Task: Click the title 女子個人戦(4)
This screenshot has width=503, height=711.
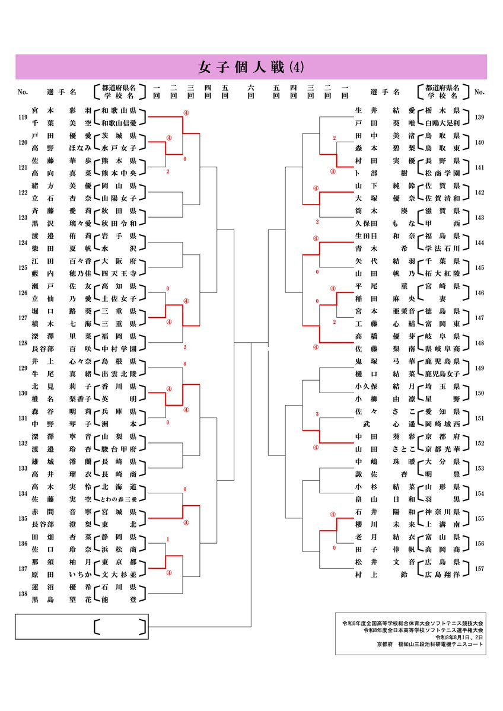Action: (x=251, y=67)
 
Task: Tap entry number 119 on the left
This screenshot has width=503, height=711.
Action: (x=23, y=117)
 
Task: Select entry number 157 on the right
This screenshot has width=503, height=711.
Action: (x=479, y=569)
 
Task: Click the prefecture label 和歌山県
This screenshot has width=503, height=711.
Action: (x=119, y=111)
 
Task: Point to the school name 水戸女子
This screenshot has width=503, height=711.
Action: (x=119, y=148)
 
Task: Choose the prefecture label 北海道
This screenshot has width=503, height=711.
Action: (x=119, y=487)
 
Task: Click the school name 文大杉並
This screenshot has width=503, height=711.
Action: (x=119, y=575)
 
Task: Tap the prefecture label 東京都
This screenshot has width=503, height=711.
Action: (x=119, y=562)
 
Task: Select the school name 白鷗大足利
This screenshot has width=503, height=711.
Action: (x=442, y=123)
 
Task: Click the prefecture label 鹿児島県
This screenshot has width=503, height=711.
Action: (x=442, y=362)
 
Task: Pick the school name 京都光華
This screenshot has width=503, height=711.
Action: (x=442, y=449)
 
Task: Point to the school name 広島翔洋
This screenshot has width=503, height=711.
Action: (x=442, y=575)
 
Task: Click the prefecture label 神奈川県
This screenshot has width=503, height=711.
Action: (x=442, y=512)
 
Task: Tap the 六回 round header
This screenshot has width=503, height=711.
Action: (x=251, y=91)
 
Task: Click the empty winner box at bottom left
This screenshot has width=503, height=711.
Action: (x=82, y=627)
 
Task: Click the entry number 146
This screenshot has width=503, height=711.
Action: (x=479, y=293)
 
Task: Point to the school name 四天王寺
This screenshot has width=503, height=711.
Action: (x=119, y=274)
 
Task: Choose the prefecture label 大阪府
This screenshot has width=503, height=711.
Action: (x=119, y=261)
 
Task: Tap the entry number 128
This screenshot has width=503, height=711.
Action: (x=23, y=343)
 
